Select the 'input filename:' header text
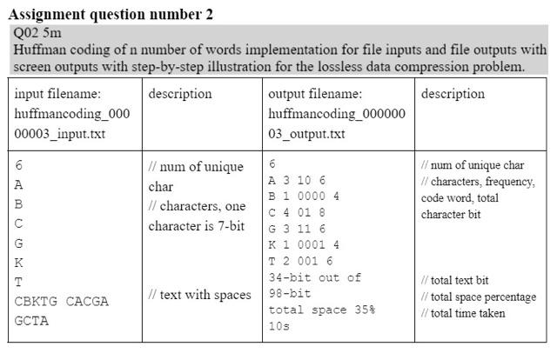pyautogui.click(x=57, y=94)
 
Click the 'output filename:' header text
pyautogui.click(x=315, y=94)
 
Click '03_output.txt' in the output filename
pyautogui.click(x=307, y=134)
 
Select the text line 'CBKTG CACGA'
pyautogui.click(x=62, y=302)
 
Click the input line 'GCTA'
pyautogui.click(x=32, y=321)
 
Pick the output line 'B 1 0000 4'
pyautogui.click(x=304, y=197)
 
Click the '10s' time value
pyautogui.click(x=278, y=326)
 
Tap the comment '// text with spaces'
pyautogui.click(x=199, y=295)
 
